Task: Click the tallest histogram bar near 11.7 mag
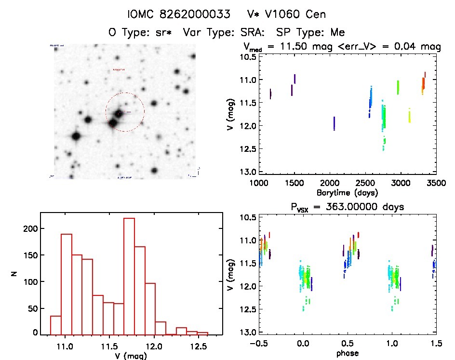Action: (129, 276)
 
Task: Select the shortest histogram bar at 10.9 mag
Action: (55, 324)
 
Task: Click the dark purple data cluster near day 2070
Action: (334, 123)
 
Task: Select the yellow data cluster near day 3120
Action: (409, 116)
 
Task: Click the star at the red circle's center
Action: (119, 113)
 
